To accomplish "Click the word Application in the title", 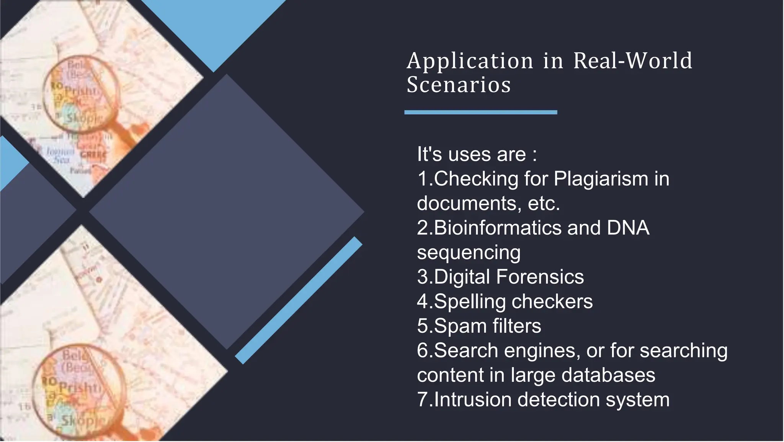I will pyautogui.click(x=470, y=61).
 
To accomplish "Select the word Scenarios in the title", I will pyautogui.click(x=459, y=85).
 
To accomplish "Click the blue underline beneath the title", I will pyautogui.click(x=480, y=112).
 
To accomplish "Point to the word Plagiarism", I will pyautogui.click(x=601, y=179).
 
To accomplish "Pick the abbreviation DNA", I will pyautogui.click(x=628, y=228).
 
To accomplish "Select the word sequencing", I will pyautogui.click(x=469, y=253).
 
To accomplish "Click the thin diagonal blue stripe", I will pyautogui.click(x=299, y=300).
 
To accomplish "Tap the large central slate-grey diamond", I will pyautogui.click(x=227, y=212).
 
